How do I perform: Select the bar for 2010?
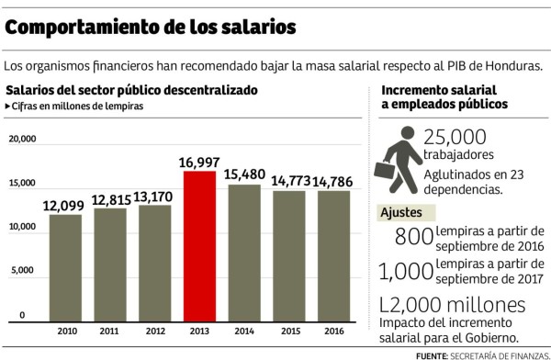[65, 267]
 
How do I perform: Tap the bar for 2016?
[332, 256]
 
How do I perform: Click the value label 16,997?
[198, 162]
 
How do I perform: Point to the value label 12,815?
[109, 199]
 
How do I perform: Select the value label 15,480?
[242, 174]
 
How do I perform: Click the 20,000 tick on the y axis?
[22, 140]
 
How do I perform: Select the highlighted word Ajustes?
[402, 213]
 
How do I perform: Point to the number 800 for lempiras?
[412, 237]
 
